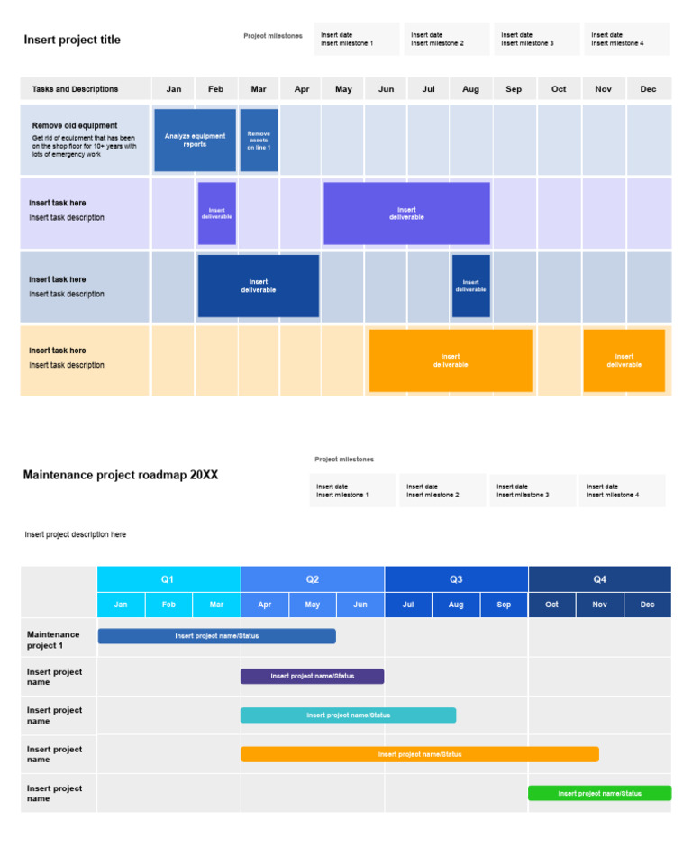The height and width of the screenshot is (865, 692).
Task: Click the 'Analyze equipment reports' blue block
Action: [x=195, y=141]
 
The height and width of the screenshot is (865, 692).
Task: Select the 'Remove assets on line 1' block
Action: [x=259, y=141]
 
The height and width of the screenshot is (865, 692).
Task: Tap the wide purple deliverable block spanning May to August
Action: [x=406, y=214]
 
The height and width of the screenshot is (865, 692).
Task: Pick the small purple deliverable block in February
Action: [x=216, y=214]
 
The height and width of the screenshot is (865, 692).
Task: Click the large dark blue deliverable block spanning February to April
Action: [x=258, y=286]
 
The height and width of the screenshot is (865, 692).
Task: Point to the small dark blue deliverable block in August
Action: [x=470, y=286]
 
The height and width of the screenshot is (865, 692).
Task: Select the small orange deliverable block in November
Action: [x=624, y=360]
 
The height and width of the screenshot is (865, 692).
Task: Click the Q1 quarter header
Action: [x=168, y=579]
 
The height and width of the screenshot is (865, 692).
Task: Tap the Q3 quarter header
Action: [x=456, y=579]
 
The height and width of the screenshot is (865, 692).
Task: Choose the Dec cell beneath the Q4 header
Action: [x=647, y=605]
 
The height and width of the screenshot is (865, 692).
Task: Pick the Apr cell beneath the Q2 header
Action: [x=264, y=605]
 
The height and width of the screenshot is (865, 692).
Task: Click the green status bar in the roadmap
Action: [x=599, y=793]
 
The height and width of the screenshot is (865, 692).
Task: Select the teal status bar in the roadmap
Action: [x=348, y=715]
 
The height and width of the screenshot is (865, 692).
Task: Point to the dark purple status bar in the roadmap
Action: [x=312, y=676]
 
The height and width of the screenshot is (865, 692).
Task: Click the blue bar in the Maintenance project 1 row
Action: [x=216, y=636]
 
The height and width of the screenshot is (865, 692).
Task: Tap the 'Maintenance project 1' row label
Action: [x=53, y=640]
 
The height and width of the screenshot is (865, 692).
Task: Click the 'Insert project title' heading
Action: [x=72, y=40]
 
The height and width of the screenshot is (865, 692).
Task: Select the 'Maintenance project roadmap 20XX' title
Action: [x=120, y=475]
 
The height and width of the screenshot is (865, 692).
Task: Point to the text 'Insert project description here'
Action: [x=76, y=534]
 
